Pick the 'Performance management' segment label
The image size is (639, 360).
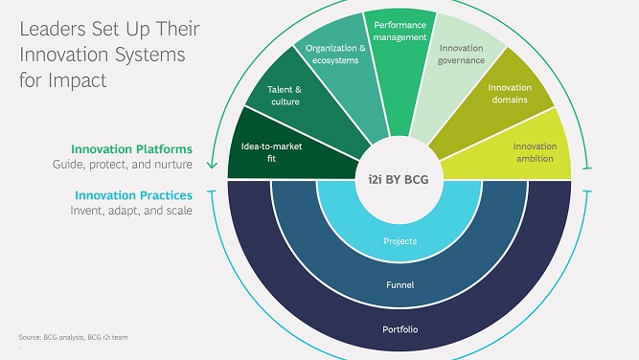(399, 32)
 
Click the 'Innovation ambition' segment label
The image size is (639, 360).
(535, 151)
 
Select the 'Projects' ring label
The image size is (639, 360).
(400, 241)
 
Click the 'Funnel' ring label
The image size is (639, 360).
(400, 286)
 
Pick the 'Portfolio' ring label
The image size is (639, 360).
(400, 330)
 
